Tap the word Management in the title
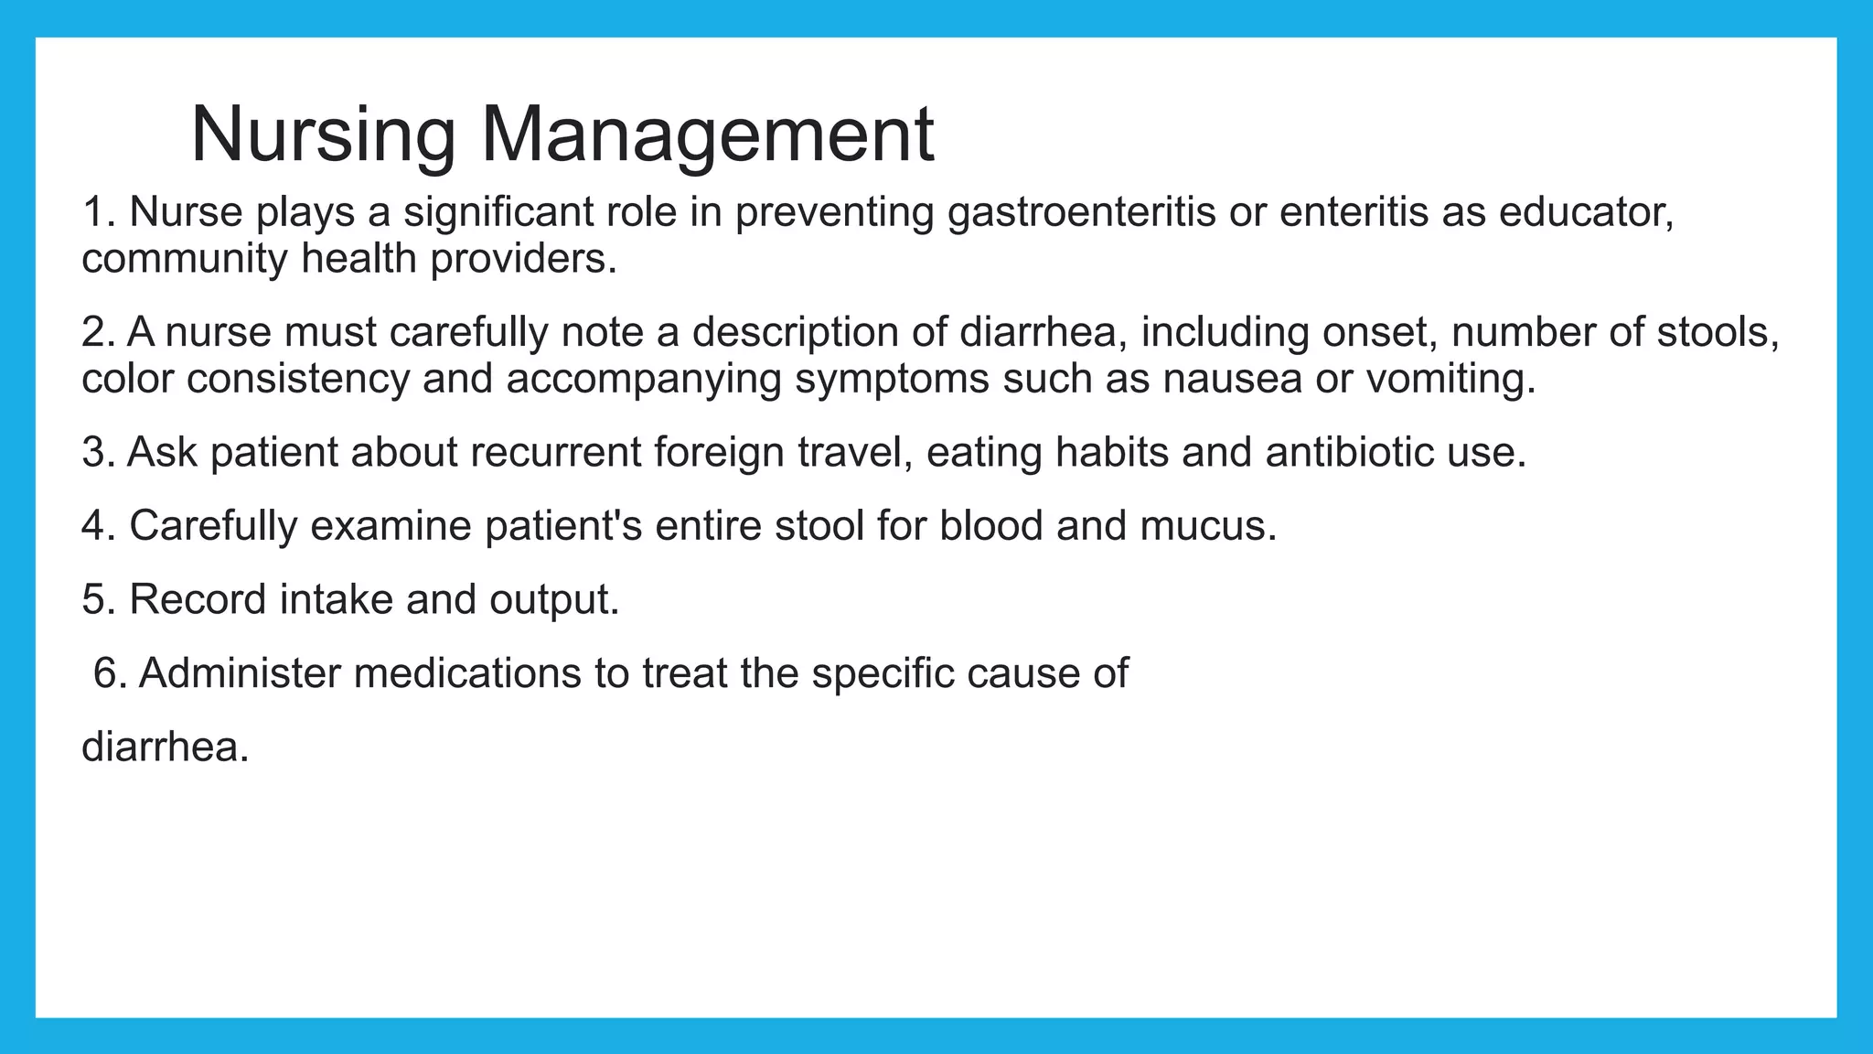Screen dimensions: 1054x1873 click(x=707, y=134)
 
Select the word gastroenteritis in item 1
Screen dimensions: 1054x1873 click(x=1081, y=212)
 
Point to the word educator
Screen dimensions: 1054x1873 click(x=1587, y=212)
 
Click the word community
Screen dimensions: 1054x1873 click(x=185, y=259)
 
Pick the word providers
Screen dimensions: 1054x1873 click(x=523, y=259)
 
